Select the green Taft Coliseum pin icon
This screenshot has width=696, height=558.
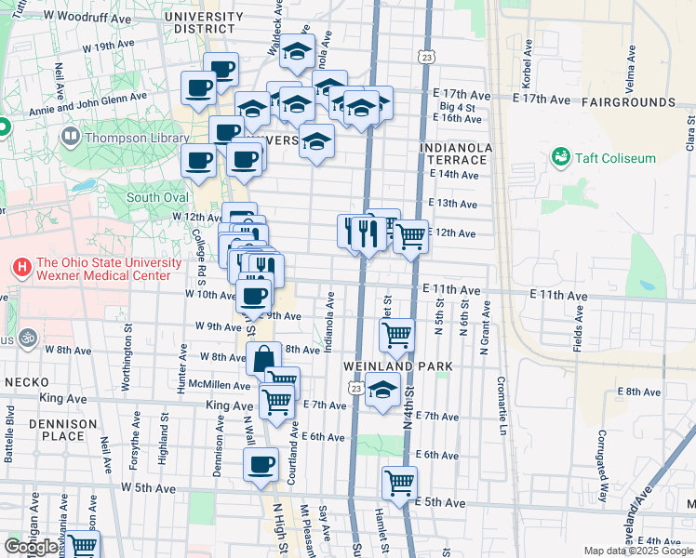pos(560,157)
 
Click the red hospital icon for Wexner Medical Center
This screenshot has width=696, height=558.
pos(21,268)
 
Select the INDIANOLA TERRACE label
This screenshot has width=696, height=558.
pos(454,153)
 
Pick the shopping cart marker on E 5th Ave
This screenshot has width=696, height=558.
pos(399,483)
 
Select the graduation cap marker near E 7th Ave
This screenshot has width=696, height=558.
pos(381,391)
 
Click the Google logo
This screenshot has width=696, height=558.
pos(31,548)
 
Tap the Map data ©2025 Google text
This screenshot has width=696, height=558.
pos(638,551)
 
